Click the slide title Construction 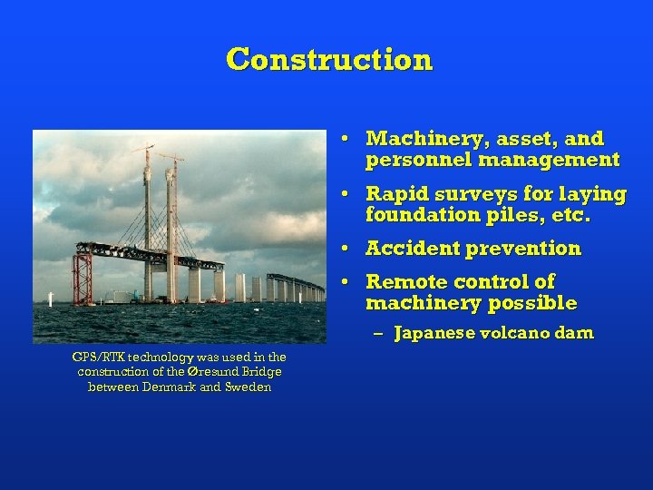tap(329, 60)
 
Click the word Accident tap(409, 249)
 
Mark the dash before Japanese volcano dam tap(379, 333)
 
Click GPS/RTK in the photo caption tap(97, 358)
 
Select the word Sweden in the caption tap(250, 387)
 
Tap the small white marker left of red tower tap(51, 299)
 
